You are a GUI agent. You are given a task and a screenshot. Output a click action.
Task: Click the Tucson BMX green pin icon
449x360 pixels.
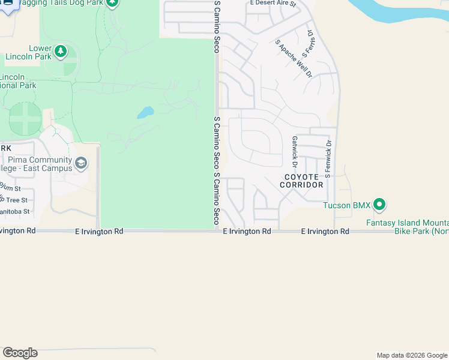[379, 205]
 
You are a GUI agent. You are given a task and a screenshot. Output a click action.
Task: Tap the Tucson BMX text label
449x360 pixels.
[347, 206]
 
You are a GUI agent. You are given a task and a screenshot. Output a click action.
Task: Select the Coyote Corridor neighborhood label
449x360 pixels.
[304, 181]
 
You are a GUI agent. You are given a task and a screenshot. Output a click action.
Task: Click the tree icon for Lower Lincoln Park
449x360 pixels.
[60, 52]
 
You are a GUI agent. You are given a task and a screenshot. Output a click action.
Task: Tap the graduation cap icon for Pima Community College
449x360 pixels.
[81, 163]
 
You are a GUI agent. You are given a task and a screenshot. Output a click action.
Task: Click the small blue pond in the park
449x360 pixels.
[145, 112]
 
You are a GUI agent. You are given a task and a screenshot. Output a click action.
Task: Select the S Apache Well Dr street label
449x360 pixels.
[294, 59]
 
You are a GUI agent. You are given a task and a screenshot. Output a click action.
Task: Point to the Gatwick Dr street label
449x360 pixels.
[295, 151]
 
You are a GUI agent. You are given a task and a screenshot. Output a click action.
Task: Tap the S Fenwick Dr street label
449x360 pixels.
[328, 159]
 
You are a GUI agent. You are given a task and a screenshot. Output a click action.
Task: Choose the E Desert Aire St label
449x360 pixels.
[273, 4]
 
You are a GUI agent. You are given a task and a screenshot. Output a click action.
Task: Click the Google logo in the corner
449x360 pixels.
[20, 353]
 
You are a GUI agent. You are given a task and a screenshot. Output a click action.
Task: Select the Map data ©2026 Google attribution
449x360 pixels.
[412, 355]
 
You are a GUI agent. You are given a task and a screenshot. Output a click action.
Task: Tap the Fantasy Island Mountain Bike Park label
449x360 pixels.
[408, 227]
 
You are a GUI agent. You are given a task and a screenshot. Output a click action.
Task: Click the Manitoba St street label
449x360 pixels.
[15, 212]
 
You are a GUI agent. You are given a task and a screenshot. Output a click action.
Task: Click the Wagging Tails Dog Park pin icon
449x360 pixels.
[112, 2]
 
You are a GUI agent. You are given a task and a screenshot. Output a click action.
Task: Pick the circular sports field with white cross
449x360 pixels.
[25, 119]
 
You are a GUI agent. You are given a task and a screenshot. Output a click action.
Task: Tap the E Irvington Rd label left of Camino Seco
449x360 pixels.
[99, 231]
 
